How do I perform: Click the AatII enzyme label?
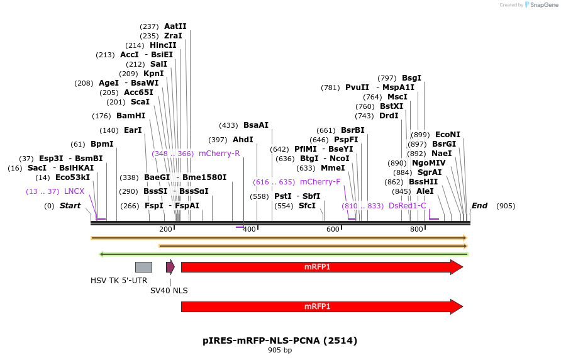click(x=175, y=26)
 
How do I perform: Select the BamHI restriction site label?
click(x=131, y=116)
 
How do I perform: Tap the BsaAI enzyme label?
click(x=256, y=125)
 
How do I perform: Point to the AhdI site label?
click(x=243, y=140)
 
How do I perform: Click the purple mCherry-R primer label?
click(x=219, y=154)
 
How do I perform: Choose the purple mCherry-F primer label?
click(x=320, y=182)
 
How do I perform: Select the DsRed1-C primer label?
click(x=407, y=206)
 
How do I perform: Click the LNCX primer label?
click(x=74, y=191)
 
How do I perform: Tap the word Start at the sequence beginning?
click(x=70, y=206)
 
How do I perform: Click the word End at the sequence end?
click(x=480, y=206)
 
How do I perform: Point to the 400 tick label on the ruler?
click(x=249, y=229)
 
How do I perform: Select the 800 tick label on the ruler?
click(x=416, y=229)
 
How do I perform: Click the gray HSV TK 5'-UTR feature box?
click(x=143, y=267)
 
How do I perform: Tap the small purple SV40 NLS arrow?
click(x=170, y=267)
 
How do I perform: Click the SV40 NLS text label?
click(x=169, y=291)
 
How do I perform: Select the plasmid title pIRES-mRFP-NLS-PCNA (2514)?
click(x=280, y=340)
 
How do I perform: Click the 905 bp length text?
click(x=280, y=350)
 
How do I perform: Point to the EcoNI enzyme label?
click(x=448, y=135)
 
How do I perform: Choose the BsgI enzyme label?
click(x=411, y=78)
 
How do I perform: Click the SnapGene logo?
click(x=543, y=5)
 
